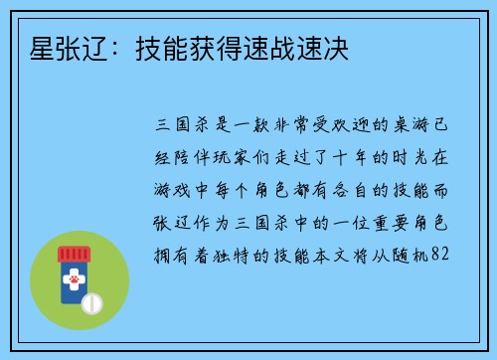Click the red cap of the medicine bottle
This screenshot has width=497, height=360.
click(x=80, y=255)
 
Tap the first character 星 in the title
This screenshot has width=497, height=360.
click(x=31, y=47)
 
